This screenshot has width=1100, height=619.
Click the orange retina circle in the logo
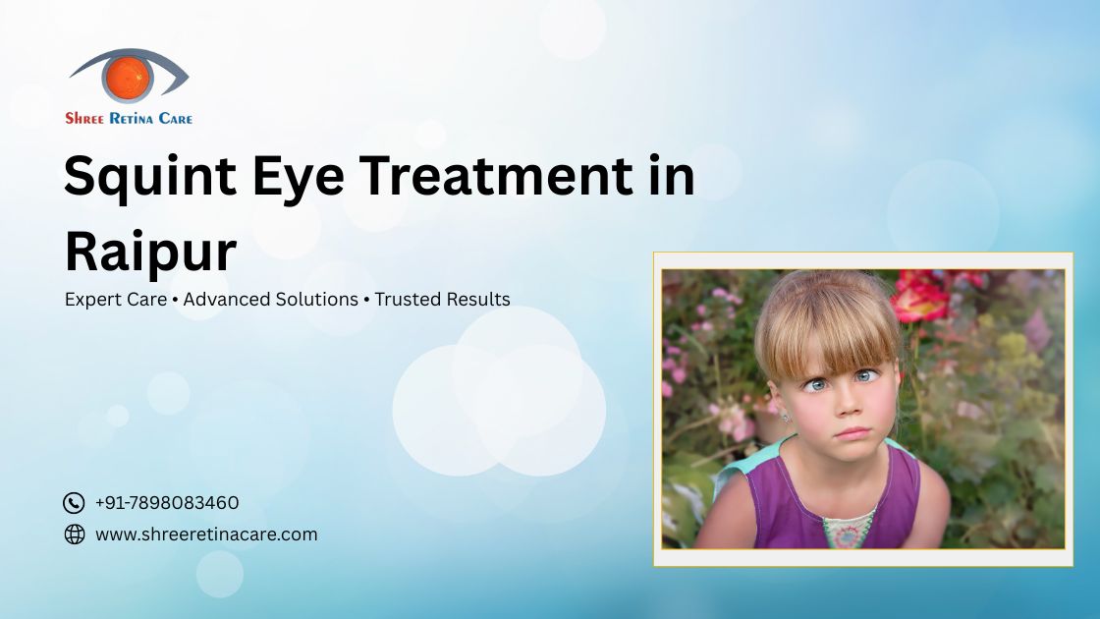(x=128, y=77)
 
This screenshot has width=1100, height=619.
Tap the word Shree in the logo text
(x=84, y=119)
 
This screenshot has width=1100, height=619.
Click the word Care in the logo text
(x=176, y=119)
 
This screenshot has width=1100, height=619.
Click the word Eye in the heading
(x=299, y=178)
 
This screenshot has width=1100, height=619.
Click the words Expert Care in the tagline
(x=116, y=300)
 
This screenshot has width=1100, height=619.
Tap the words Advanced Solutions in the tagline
(x=271, y=299)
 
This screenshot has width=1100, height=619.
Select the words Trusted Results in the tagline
(x=443, y=299)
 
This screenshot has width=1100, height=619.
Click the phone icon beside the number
(x=74, y=502)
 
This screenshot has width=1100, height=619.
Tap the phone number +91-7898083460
(x=167, y=502)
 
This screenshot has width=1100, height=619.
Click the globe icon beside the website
(x=75, y=535)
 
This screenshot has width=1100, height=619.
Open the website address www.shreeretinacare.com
(x=206, y=535)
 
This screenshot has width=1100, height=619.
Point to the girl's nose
(x=848, y=404)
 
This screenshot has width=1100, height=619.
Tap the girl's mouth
(x=852, y=432)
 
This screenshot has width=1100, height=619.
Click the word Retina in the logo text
(x=132, y=119)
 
